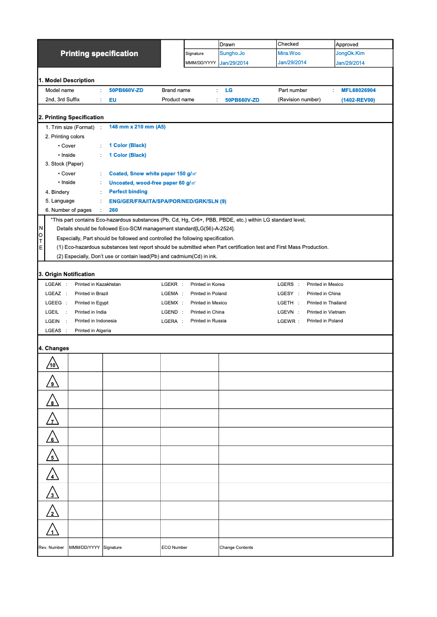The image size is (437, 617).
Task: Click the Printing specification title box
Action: (99, 53)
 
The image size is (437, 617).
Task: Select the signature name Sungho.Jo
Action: (232, 53)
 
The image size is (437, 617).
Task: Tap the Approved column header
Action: (347, 44)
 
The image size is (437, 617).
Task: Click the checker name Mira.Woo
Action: (289, 53)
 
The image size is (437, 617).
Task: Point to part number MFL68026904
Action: (358, 90)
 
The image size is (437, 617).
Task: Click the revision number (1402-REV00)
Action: (358, 100)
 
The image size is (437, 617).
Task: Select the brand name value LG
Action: (229, 90)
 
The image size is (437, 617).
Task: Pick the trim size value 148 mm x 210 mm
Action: (137, 127)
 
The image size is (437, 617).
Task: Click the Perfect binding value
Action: (128, 192)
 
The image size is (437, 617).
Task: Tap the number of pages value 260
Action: (113, 210)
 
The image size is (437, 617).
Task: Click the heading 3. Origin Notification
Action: (66, 274)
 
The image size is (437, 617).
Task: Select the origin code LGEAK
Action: (53, 284)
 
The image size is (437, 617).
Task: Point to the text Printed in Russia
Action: (208, 321)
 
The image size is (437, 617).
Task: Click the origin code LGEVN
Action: (286, 312)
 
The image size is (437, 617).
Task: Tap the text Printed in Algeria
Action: (93, 331)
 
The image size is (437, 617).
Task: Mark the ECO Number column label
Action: (174, 547)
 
